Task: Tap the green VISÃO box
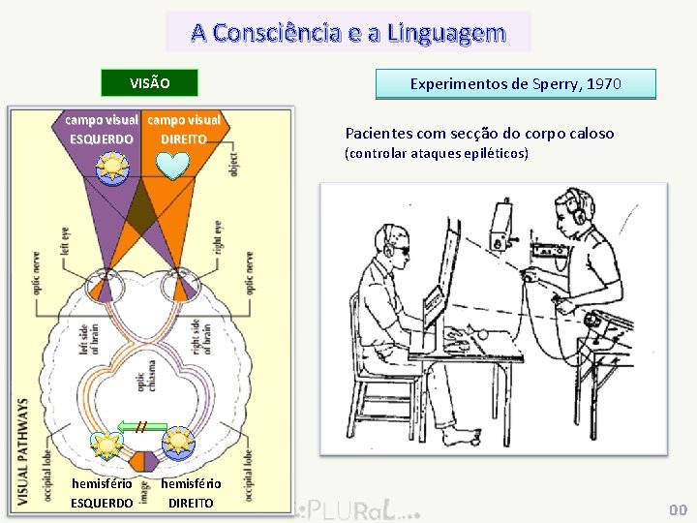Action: pyautogui.click(x=150, y=83)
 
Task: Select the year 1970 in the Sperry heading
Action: pyautogui.click(x=604, y=84)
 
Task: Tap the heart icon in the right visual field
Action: pyautogui.click(x=175, y=166)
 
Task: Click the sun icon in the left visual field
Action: pyautogui.click(x=111, y=167)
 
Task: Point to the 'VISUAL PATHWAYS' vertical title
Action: pyautogui.click(x=23, y=450)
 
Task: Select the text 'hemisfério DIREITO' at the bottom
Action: pyautogui.click(x=191, y=493)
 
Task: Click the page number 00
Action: pyautogui.click(x=678, y=509)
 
